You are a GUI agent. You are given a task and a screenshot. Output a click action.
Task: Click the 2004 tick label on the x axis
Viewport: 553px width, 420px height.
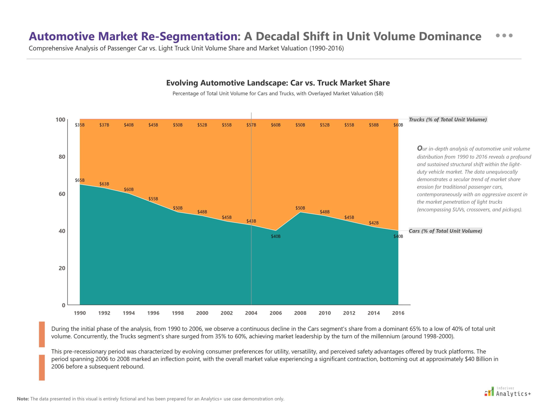pyautogui.click(x=251, y=313)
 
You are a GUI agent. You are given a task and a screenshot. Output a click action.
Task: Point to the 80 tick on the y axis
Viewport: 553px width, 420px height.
pyautogui.click(x=62, y=157)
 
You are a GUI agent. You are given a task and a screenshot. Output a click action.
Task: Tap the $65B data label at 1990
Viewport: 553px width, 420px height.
pyautogui.click(x=80, y=180)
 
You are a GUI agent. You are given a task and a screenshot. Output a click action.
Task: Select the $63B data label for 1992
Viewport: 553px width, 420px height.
pyautogui.click(x=104, y=184)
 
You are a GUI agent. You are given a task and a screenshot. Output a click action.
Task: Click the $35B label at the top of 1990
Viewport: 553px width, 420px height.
pyautogui.click(x=80, y=125)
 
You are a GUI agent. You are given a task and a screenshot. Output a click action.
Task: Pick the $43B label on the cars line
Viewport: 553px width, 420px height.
pyautogui.click(x=251, y=221)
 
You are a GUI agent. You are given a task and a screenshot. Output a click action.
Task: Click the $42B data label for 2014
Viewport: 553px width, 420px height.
pyautogui.click(x=373, y=223)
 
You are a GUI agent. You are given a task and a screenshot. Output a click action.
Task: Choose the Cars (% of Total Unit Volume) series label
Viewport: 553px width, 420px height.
pyautogui.click(x=445, y=231)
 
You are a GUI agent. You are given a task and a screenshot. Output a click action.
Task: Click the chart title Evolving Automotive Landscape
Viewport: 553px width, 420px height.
pyautogui.click(x=278, y=83)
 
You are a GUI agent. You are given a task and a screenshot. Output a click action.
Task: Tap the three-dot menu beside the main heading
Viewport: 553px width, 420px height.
pyautogui.click(x=504, y=35)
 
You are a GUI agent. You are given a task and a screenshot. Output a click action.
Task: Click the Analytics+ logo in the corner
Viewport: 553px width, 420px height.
pyautogui.click(x=508, y=392)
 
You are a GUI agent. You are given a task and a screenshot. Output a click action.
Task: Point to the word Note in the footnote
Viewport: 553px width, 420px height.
pyautogui.click(x=23, y=399)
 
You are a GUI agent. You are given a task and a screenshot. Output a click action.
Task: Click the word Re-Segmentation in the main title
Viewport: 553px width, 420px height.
pyautogui.click(x=189, y=36)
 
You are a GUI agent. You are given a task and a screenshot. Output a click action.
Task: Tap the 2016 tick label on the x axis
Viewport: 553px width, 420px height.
pyautogui.click(x=398, y=313)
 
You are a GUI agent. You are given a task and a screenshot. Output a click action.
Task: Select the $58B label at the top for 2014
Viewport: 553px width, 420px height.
pyautogui.click(x=373, y=125)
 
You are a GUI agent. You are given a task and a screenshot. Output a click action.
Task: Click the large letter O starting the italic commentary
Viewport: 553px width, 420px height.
pyautogui.click(x=420, y=148)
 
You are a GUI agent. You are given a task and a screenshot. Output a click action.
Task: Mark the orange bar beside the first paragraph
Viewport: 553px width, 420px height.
pyautogui.click(x=42, y=334)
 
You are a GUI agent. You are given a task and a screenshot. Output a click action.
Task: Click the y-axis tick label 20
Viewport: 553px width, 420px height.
pyautogui.click(x=62, y=268)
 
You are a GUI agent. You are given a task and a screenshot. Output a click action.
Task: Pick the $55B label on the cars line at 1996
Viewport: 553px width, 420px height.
pyautogui.click(x=153, y=199)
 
